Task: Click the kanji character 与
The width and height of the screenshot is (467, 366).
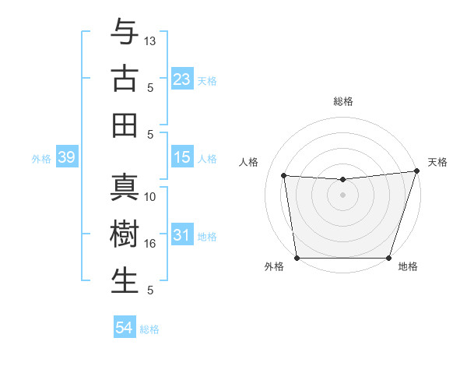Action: point(125,33)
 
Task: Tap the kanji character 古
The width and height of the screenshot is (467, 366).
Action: point(125,79)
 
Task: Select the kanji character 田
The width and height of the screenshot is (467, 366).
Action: point(125,125)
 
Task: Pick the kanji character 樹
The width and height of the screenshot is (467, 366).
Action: point(125,234)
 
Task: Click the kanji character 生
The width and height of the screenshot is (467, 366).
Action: point(125,280)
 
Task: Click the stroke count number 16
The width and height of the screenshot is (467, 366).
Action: point(150,244)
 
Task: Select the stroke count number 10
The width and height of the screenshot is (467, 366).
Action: point(150,197)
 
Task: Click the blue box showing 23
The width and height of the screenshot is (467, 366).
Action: point(182,79)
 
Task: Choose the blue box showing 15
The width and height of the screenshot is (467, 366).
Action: point(182,157)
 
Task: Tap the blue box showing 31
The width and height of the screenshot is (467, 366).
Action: point(182,235)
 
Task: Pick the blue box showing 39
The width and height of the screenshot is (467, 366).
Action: point(66,157)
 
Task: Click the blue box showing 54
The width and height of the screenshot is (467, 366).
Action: point(125,328)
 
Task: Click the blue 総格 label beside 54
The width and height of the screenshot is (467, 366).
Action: point(149,329)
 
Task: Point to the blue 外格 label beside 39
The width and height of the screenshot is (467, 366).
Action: point(41,159)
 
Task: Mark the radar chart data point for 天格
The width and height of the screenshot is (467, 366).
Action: point(416,171)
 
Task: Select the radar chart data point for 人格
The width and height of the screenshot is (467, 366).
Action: point(284,176)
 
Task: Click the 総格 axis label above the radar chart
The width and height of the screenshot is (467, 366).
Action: point(343,101)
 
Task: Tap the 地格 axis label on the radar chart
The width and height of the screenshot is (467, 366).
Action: point(408,267)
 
